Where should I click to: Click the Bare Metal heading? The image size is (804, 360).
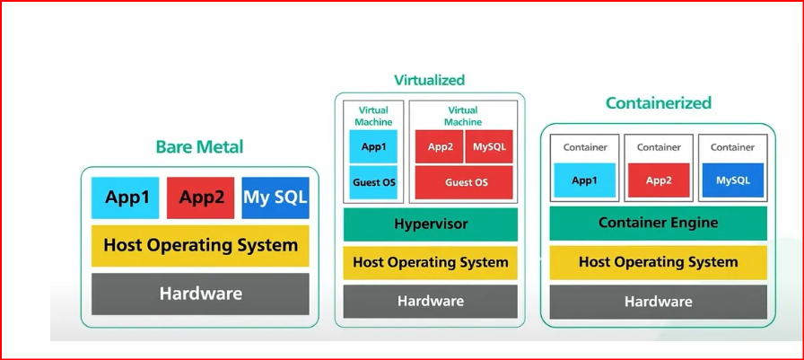tap(199, 146)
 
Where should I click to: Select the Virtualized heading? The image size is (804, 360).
tap(430, 81)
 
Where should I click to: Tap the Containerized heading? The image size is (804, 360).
tap(659, 103)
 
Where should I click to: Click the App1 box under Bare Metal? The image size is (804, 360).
tap(127, 198)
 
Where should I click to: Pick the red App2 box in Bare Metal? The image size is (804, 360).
tap(201, 198)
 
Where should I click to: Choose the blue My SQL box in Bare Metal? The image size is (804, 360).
tap(275, 198)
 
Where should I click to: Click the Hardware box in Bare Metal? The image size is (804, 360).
tap(200, 294)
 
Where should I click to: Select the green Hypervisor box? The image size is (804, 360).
tap(430, 224)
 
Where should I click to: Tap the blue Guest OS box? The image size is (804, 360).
tap(373, 182)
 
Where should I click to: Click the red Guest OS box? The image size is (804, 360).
tap(464, 182)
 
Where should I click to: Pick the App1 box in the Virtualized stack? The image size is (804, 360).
tap(373, 146)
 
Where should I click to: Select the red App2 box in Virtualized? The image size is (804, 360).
tap(440, 146)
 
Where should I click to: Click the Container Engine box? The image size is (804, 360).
tap(658, 224)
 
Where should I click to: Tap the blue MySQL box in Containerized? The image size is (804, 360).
tap(732, 180)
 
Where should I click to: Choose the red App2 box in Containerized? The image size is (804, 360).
tap(659, 180)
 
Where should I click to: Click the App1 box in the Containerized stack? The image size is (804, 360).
tap(584, 180)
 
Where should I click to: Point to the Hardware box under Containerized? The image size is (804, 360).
tap(658, 302)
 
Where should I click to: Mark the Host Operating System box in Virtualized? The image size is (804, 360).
tap(430, 263)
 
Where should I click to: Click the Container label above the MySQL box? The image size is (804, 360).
tap(732, 147)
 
